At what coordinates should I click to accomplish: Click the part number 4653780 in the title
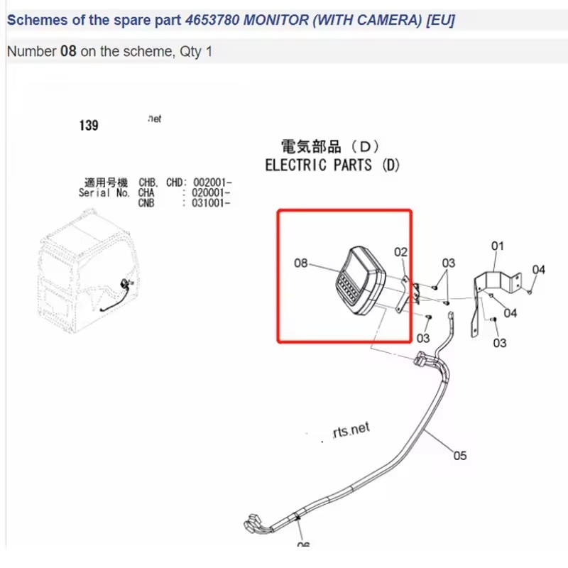pyautogui.click(x=212, y=20)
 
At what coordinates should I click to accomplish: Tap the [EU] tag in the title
pyautogui.click(x=440, y=20)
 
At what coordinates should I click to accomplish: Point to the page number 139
pyautogui.click(x=89, y=126)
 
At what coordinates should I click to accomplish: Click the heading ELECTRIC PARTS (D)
pyautogui.click(x=332, y=165)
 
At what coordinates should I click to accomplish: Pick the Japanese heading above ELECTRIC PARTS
pyautogui.click(x=330, y=147)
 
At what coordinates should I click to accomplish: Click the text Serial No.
pyautogui.click(x=104, y=192)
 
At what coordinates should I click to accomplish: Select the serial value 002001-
pyautogui.click(x=212, y=182)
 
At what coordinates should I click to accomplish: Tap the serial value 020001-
pyautogui.click(x=212, y=192)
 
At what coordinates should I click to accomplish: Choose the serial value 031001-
pyautogui.click(x=212, y=202)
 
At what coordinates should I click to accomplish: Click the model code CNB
pyautogui.click(x=146, y=202)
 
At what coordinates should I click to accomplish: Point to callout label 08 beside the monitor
pyautogui.click(x=301, y=263)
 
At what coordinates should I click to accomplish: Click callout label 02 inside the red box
pyautogui.click(x=401, y=252)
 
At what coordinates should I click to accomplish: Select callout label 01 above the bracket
pyautogui.click(x=498, y=246)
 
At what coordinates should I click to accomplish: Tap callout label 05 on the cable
pyautogui.click(x=460, y=456)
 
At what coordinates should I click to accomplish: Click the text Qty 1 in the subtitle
pyautogui.click(x=199, y=52)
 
